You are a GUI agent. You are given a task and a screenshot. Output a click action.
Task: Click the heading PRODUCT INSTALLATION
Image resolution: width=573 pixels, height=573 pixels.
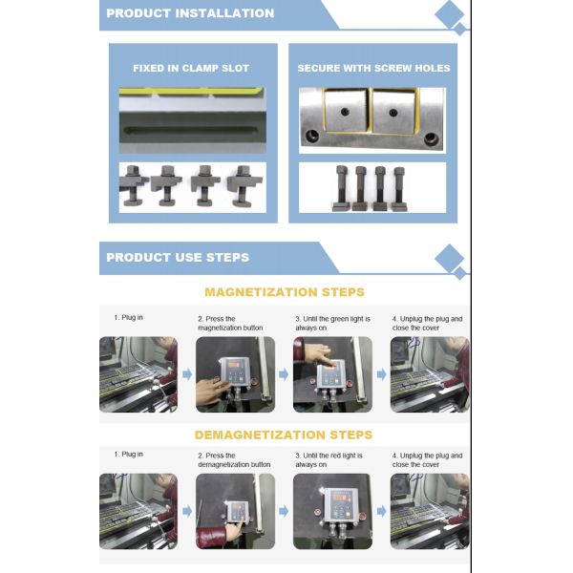coord(190,13)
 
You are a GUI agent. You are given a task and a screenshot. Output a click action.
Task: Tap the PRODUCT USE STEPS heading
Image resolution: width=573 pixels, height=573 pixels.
coord(178,257)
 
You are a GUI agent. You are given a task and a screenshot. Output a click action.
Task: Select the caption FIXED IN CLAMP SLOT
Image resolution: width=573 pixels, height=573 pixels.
coord(191,69)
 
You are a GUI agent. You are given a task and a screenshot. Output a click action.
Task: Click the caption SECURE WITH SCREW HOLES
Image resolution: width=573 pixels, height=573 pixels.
coord(373,69)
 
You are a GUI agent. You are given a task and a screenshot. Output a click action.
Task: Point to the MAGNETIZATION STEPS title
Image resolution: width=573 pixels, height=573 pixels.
coord(285,292)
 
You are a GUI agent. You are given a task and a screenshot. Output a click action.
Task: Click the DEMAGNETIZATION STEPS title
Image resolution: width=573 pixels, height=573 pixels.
coord(284,435)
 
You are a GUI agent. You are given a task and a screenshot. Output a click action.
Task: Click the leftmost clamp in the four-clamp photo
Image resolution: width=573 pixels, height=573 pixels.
coord(133,185)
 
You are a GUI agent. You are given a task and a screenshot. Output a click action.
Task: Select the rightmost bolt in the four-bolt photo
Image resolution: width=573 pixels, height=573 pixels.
coord(399,188)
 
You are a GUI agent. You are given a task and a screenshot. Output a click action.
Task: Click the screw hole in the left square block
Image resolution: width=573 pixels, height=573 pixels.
coord(345,112)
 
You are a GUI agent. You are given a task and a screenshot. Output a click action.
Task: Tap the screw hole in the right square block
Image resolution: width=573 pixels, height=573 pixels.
coord(393,113)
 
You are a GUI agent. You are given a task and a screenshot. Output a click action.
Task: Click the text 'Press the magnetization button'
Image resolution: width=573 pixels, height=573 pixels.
coord(230,324)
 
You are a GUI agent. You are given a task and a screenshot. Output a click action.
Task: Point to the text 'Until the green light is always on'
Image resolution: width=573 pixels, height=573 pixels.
coord(332,324)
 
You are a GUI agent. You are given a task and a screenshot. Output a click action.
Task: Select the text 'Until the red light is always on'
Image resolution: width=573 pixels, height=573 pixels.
coord(329,460)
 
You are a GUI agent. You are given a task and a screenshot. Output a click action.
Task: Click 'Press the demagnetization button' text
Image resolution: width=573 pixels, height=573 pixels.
coord(234,460)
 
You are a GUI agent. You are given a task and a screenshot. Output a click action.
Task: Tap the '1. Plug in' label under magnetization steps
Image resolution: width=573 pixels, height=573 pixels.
coord(128,318)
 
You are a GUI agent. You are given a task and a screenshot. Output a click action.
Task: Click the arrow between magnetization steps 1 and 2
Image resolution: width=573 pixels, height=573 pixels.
coord(187,374)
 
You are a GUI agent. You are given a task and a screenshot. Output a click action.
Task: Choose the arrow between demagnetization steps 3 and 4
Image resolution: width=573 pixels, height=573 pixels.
coord(381,511)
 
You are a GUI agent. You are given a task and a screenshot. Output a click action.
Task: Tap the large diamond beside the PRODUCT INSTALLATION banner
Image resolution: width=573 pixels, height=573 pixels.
coord(449,14)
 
